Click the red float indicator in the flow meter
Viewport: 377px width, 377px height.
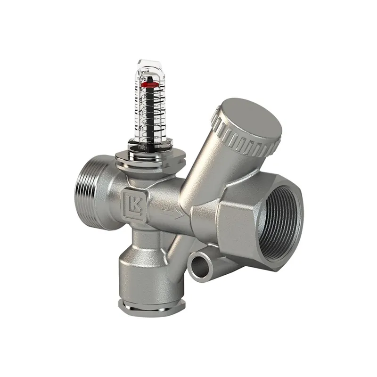[149, 85]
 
